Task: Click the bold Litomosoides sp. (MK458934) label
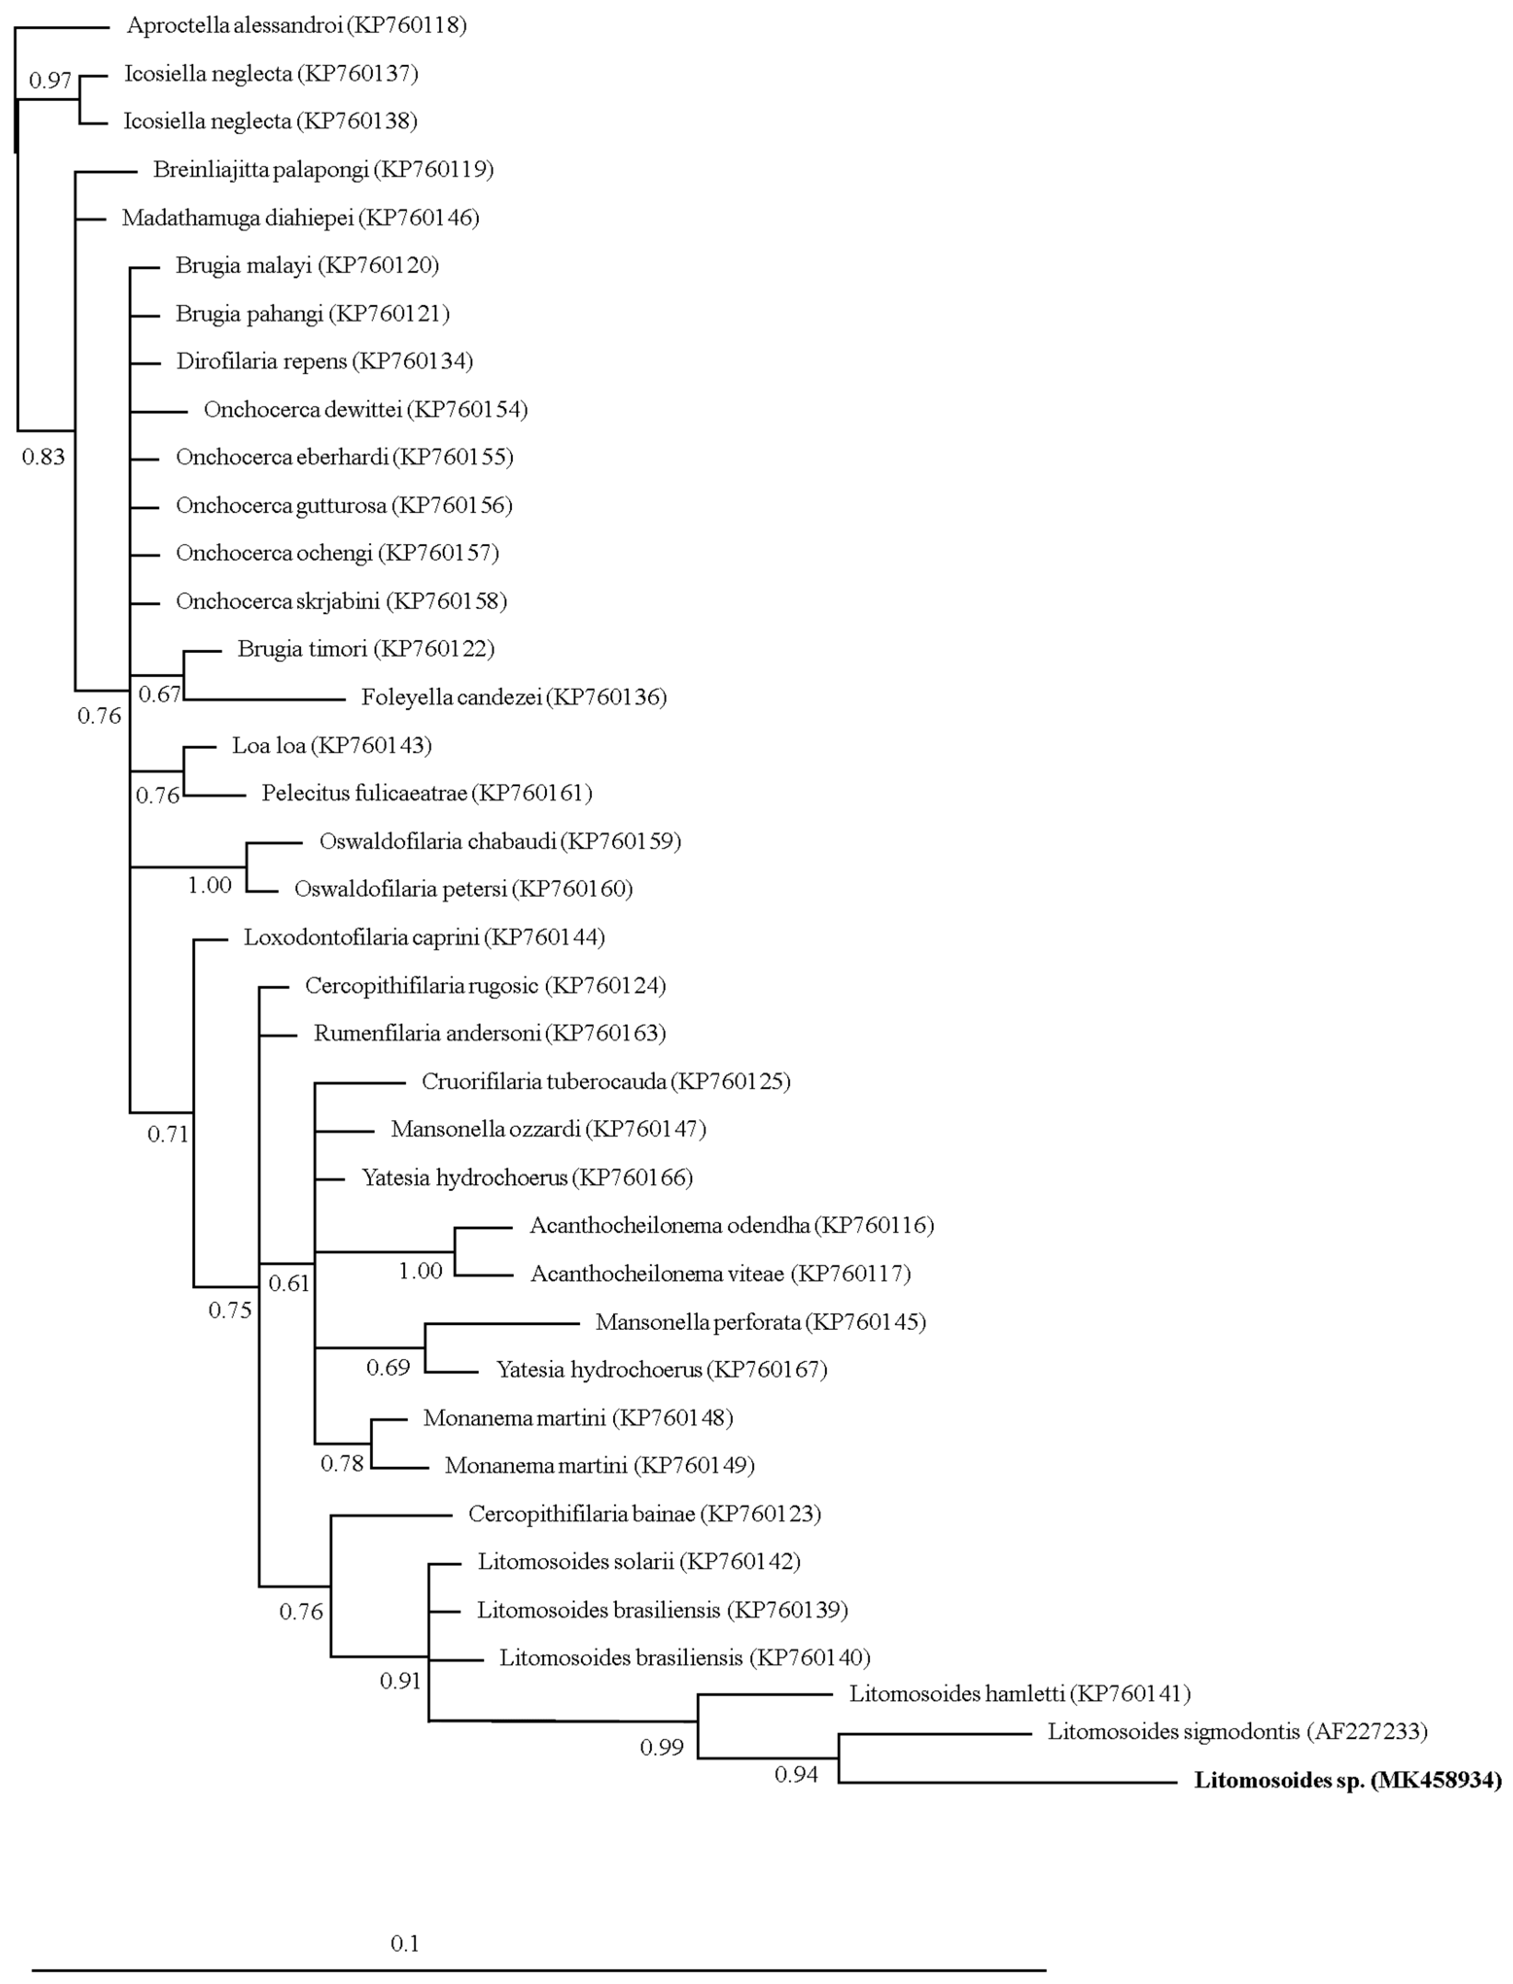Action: pos(1347,1780)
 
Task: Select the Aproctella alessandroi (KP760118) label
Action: pos(296,25)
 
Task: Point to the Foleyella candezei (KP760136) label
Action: pos(513,697)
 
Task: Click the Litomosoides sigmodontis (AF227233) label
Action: pos(1236,1731)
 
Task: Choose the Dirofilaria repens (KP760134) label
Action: pos(324,361)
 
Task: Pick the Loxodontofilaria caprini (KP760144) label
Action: pos(424,937)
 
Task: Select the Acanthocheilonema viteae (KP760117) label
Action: pos(719,1274)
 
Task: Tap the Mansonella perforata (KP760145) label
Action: pos(760,1322)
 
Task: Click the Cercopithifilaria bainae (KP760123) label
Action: pos(644,1514)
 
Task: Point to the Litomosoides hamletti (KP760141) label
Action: pos(1020,1694)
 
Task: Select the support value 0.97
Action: pos(50,81)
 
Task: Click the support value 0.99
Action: pos(662,1748)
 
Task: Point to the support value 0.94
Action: pos(796,1775)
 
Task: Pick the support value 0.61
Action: pos(288,1283)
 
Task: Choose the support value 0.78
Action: pos(342,1463)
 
